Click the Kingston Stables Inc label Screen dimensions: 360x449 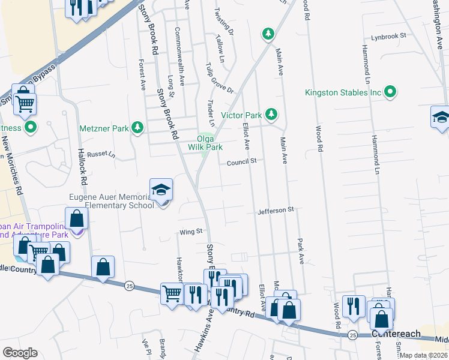[x=343, y=93]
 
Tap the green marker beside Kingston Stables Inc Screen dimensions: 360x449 [x=391, y=92]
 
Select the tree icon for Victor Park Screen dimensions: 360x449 [x=271, y=114]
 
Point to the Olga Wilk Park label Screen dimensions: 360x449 [x=205, y=142]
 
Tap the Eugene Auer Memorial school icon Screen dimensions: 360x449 [x=160, y=190]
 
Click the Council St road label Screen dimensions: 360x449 [x=241, y=161]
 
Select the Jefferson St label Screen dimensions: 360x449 [x=276, y=210]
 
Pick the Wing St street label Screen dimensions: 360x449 [x=192, y=231]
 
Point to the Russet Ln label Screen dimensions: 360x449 [x=101, y=154]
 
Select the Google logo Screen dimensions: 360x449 [x=20, y=353]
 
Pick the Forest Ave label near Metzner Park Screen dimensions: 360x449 [x=142, y=76]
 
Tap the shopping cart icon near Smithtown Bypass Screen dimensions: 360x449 [x=25, y=104]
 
